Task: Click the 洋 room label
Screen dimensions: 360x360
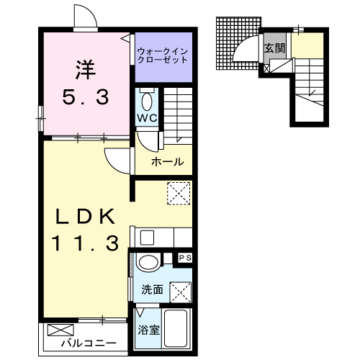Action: [84, 70]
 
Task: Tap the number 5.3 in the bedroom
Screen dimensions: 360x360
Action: [84, 96]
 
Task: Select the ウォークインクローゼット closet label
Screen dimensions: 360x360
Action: [163, 55]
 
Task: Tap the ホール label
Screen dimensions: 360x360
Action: [167, 162]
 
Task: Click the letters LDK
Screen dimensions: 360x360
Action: [84, 215]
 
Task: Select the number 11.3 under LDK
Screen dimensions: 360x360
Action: [84, 243]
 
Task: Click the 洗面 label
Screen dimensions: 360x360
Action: [152, 290]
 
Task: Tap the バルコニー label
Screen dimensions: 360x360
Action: [89, 343]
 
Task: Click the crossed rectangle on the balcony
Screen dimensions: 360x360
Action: [56, 331]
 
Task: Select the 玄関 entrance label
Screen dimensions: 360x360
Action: [274, 50]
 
